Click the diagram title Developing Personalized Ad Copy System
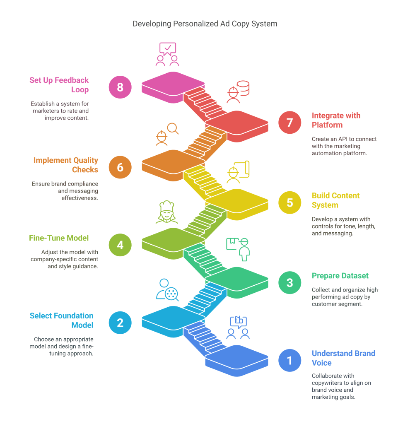[x=205, y=24]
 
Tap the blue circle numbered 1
[x=290, y=360]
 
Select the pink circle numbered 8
[x=120, y=87]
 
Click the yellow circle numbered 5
[x=290, y=202]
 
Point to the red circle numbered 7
[x=290, y=123]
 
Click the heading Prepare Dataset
[x=340, y=276]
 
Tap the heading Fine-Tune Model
[x=59, y=238]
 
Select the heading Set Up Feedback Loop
[x=59, y=85]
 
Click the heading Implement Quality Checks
[x=66, y=165]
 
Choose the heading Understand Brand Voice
[x=343, y=358]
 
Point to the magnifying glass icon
[x=173, y=129]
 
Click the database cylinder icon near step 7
[x=244, y=88]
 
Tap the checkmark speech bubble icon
[x=168, y=48]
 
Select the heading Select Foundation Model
[x=61, y=320]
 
